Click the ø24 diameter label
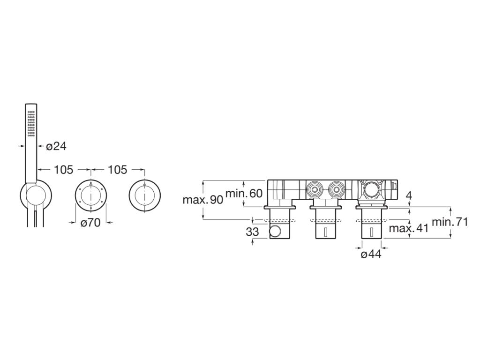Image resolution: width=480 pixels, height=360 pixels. (x=56, y=146)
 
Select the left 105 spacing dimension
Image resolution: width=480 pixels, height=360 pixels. (x=64, y=170)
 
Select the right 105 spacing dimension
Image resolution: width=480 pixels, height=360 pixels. (x=117, y=170)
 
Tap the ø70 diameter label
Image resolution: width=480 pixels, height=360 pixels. (x=90, y=223)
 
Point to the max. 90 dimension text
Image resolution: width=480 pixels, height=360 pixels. (x=202, y=200)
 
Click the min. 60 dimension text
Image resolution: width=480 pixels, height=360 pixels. (x=244, y=193)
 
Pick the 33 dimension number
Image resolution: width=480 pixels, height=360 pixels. (x=252, y=232)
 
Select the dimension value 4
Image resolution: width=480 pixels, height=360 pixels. (x=409, y=195)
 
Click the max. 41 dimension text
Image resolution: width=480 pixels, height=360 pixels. (x=409, y=229)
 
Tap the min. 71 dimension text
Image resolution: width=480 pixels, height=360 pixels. (x=450, y=222)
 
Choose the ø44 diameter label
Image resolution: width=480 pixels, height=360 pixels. (x=371, y=254)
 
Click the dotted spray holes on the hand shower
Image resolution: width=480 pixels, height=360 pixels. (x=31, y=123)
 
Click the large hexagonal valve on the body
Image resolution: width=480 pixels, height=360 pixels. (x=371, y=190)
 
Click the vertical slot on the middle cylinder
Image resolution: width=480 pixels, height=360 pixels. (x=325, y=232)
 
